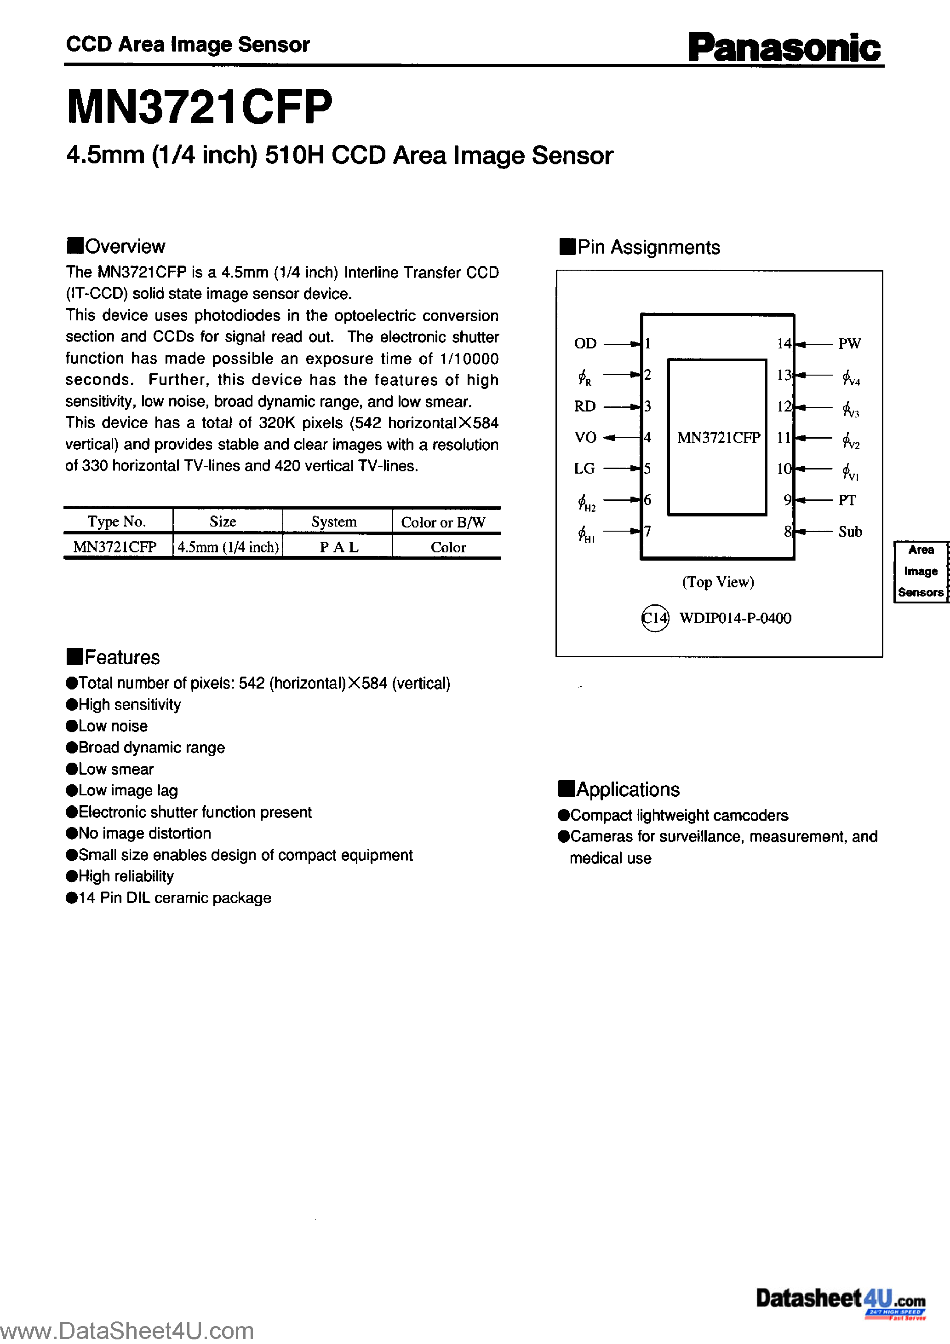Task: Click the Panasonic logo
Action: pyautogui.click(x=784, y=47)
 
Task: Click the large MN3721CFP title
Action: pyautogui.click(x=200, y=107)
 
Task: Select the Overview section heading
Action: pyautogui.click(x=116, y=246)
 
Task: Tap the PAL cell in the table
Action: pyautogui.click(x=338, y=547)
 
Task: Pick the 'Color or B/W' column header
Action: pyautogui.click(x=443, y=522)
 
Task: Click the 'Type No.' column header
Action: pyautogui.click(x=116, y=521)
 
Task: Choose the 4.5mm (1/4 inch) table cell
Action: pyautogui.click(x=228, y=547)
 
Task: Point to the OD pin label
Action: pyautogui.click(x=585, y=344)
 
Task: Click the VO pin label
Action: pyautogui.click(x=585, y=437)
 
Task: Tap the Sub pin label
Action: pyautogui.click(x=850, y=532)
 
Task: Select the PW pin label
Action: pyautogui.click(x=849, y=344)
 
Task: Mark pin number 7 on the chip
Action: pyautogui.click(x=647, y=531)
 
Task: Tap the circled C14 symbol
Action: pyautogui.click(x=655, y=618)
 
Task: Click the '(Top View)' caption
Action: pyautogui.click(x=718, y=582)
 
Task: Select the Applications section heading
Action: pyautogui.click(x=619, y=790)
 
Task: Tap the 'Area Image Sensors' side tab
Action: pyautogui.click(x=921, y=571)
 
